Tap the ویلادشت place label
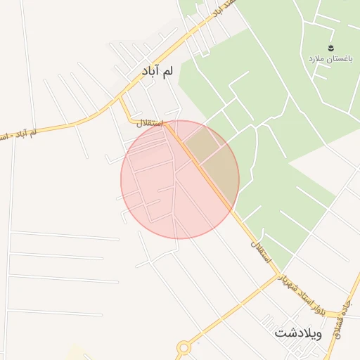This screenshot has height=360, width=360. coord(298,333)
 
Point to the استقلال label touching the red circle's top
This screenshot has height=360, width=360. coord(152,124)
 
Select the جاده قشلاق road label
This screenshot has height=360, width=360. coord(349,309)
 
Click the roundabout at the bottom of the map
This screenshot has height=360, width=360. coord(184,347)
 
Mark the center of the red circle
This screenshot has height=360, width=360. coord(180,179)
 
